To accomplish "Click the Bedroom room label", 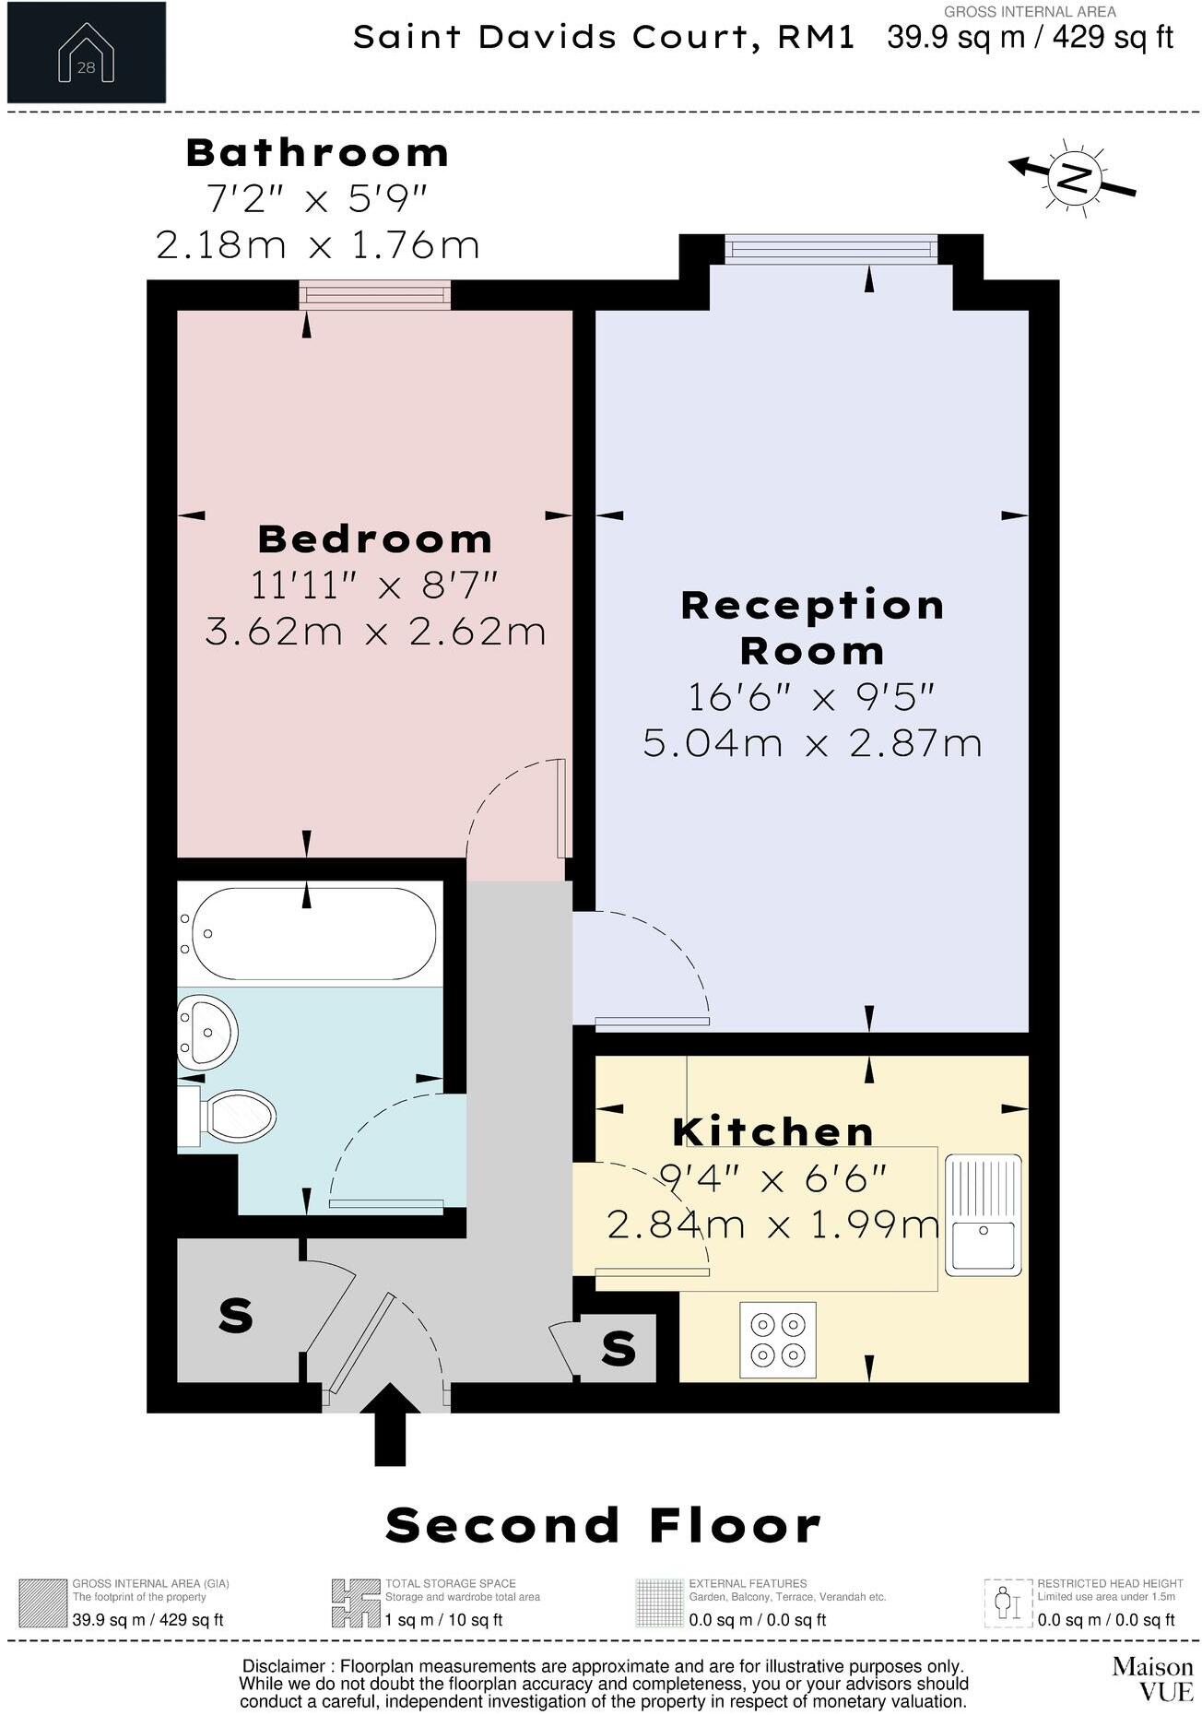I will (x=375, y=539).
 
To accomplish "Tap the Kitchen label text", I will (x=773, y=1131).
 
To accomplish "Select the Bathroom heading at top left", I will (x=317, y=153).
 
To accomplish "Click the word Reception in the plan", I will (x=813, y=606).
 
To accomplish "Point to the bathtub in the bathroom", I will (x=308, y=933).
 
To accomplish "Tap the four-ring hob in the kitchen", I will (x=778, y=1340).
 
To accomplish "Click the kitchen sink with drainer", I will (x=983, y=1214).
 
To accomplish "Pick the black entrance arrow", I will (x=390, y=1423).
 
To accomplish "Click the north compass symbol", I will (x=1072, y=177).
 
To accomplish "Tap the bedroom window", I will (x=375, y=294).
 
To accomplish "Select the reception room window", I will (x=831, y=248).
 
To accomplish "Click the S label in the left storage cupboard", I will (x=236, y=1315).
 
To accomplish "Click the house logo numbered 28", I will (x=86, y=53).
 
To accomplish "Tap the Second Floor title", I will (x=603, y=1524).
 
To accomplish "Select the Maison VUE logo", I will (x=1152, y=1678).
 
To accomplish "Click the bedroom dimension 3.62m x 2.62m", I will (x=375, y=633).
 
